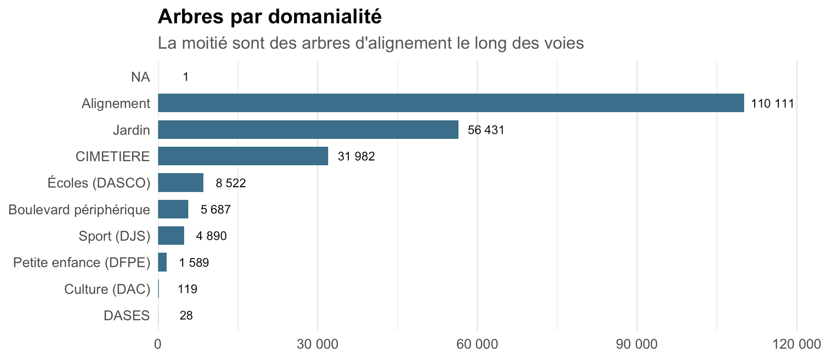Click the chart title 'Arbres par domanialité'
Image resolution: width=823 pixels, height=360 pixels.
click(270, 17)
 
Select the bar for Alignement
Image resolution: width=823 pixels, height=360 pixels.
click(451, 103)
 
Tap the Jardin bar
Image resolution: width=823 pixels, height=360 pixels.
click(308, 129)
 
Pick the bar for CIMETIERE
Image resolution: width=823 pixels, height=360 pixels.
click(243, 156)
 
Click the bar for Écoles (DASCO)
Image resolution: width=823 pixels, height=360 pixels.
click(181, 183)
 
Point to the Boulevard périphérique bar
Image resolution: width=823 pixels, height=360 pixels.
click(173, 209)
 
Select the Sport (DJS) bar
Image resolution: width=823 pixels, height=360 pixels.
click(171, 236)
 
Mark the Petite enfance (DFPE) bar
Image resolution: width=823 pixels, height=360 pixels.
click(162, 262)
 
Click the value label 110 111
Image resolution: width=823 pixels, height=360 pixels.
click(772, 103)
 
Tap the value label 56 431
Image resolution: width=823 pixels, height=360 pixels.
click(486, 130)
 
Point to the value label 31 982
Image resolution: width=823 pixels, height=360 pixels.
click(356, 156)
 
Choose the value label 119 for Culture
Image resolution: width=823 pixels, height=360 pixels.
click(187, 289)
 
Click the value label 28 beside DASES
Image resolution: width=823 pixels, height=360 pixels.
click(186, 316)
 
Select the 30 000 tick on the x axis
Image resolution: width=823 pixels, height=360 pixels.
click(317, 344)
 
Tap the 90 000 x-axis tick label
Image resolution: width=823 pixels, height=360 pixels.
click(637, 344)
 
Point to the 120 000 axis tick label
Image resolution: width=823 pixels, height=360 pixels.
click(797, 344)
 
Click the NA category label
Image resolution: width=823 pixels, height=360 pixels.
click(140, 77)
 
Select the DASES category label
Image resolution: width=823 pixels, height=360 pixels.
click(127, 316)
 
